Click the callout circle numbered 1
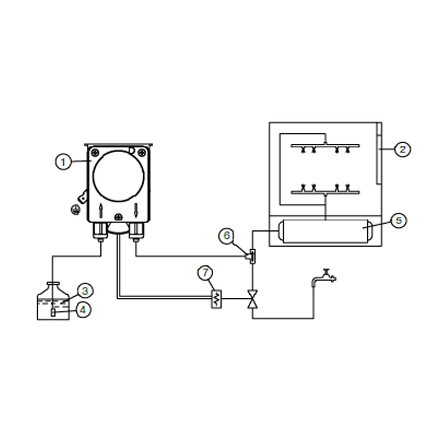tap(63, 162)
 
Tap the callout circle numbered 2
tap(402, 149)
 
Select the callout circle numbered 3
tap(85, 291)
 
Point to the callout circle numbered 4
tap(83, 310)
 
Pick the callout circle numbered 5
tap(398, 220)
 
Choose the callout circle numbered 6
tap(227, 236)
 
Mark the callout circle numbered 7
tap(205, 273)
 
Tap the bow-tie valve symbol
tap(253, 299)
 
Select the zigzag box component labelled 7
tap(216, 299)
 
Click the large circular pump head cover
tap(119, 176)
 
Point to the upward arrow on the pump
tap(101, 210)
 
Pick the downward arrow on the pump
tap(136, 210)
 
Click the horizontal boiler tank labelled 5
tap(326, 231)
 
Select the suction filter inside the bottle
tap(53, 312)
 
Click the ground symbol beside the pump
tap(75, 210)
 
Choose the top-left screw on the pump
tap(95, 153)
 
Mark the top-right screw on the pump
tap(142, 153)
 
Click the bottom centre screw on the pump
tap(119, 217)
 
